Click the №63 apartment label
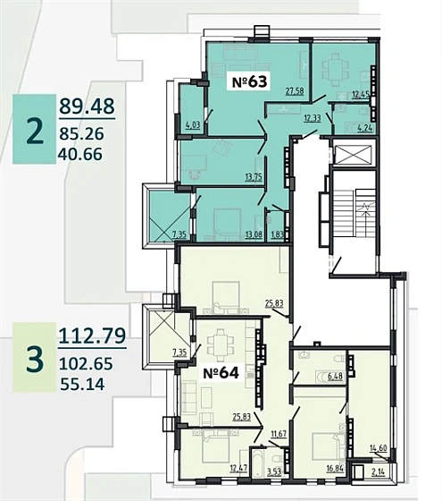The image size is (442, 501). pyautogui.click(x=250, y=81)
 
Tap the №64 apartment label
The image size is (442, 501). pyautogui.click(x=221, y=372)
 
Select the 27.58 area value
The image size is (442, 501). pyautogui.click(x=295, y=91)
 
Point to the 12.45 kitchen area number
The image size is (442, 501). pyautogui.click(x=361, y=94)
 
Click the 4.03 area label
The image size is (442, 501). pyautogui.click(x=193, y=124)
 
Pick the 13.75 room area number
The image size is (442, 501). pyautogui.click(x=254, y=177)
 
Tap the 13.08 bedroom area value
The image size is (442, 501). pyautogui.click(x=254, y=235)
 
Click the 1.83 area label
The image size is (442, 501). pyautogui.click(x=277, y=235)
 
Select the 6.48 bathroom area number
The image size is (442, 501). pyautogui.click(x=335, y=377)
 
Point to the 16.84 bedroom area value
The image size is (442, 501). pyautogui.click(x=335, y=469)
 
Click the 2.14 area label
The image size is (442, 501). pyautogui.click(x=379, y=472)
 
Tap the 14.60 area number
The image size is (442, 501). pyautogui.click(x=379, y=448)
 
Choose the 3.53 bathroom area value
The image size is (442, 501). pyautogui.click(x=274, y=471)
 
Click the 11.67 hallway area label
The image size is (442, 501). pyautogui.click(x=279, y=434)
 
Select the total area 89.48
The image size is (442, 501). pyautogui.click(x=87, y=106)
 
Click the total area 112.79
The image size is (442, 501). pyautogui.click(x=92, y=335)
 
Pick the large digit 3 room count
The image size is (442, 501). pyautogui.click(x=35, y=360)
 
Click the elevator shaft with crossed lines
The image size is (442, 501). pyautogui.click(x=354, y=156)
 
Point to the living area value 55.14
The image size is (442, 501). pyautogui.click(x=82, y=384)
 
